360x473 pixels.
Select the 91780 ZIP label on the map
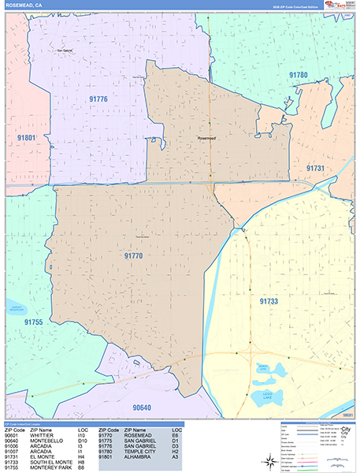(x=298, y=75)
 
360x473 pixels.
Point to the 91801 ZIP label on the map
(x=25, y=138)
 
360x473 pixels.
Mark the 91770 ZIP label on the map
(x=133, y=255)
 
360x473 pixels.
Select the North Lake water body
(x=269, y=367)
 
